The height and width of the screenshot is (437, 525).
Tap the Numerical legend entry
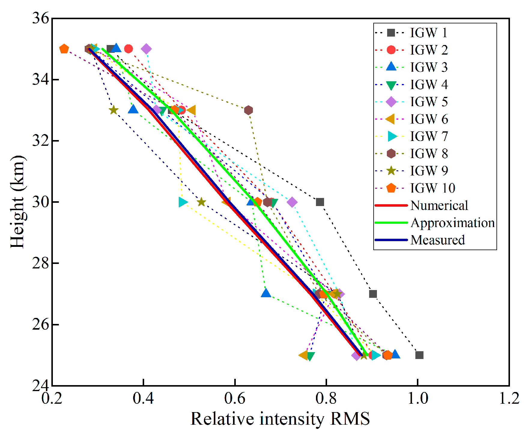(x=439, y=205)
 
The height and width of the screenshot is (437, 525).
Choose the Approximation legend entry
(x=452, y=223)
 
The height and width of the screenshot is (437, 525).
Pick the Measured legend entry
(x=437, y=240)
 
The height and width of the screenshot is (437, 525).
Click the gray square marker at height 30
(x=320, y=202)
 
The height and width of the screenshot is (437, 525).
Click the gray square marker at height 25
(x=419, y=355)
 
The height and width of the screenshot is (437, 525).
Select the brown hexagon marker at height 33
(x=248, y=110)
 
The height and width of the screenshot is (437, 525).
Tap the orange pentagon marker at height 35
(x=64, y=49)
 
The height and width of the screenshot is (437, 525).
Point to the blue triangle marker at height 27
(x=266, y=293)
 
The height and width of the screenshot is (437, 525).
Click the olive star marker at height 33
(x=113, y=110)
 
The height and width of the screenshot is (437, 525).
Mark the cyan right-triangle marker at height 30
(x=183, y=202)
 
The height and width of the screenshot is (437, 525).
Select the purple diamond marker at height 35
(x=146, y=49)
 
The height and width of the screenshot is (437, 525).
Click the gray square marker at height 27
(x=373, y=294)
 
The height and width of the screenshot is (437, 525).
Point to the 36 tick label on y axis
(x=40, y=18)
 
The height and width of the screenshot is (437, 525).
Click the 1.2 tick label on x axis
(x=509, y=399)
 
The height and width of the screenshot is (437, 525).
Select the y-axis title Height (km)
(x=17, y=202)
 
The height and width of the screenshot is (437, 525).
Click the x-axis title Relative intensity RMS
(x=280, y=419)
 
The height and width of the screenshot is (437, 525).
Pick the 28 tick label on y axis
(x=40, y=263)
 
